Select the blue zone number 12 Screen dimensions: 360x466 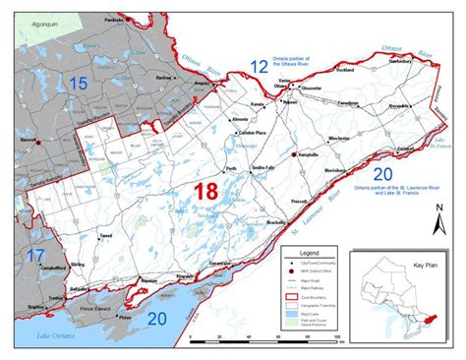click(x=259, y=67)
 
